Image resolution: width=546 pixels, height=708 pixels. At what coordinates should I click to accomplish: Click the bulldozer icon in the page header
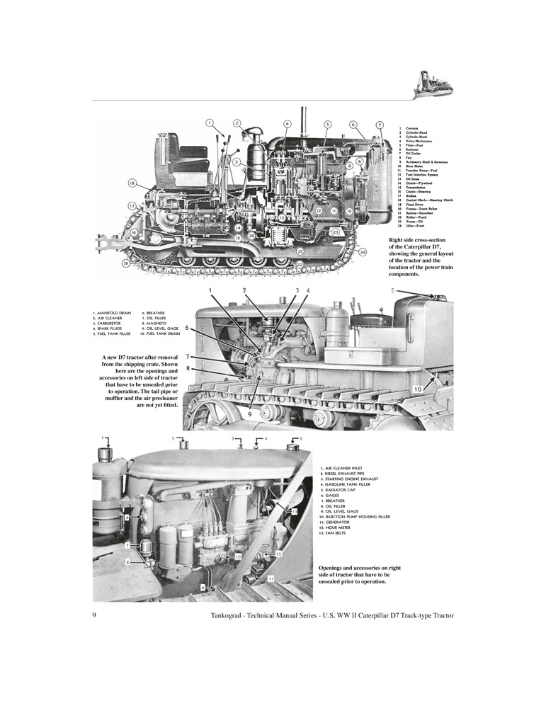(433, 84)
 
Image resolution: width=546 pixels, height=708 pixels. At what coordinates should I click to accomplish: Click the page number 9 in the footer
(94, 615)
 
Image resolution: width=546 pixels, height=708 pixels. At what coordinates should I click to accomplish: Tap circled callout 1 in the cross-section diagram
(210, 122)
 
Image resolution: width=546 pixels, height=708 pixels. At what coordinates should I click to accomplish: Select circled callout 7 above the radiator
(380, 125)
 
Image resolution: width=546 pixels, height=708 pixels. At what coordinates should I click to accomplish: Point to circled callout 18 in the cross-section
(132, 183)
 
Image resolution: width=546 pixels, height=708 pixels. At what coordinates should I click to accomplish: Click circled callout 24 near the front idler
(363, 252)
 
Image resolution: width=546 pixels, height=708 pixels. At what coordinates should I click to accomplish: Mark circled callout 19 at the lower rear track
(125, 263)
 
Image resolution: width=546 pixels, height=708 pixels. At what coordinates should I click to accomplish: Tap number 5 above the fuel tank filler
(393, 290)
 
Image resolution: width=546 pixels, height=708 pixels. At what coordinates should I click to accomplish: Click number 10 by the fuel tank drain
(419, 389)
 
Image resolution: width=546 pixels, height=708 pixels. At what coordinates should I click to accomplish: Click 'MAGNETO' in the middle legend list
(156, 322)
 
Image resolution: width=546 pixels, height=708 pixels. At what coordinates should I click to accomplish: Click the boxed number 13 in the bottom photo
(294, 510)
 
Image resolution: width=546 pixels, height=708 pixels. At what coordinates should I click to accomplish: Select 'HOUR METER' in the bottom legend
(339, 527)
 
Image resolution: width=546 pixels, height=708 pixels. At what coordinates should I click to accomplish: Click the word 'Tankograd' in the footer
(231, 615)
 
